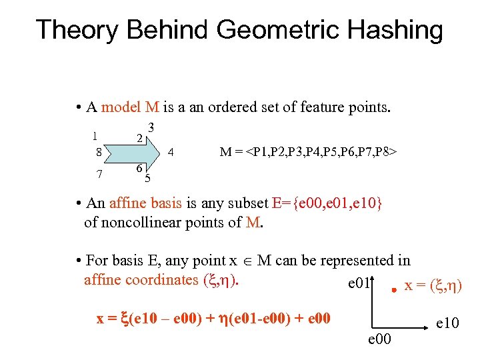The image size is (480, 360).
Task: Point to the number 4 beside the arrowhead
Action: coord(171,152)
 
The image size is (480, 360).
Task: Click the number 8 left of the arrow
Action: coord(98,152)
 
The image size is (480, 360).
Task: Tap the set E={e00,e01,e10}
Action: coord(327,203)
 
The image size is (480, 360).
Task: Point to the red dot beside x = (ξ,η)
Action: coord(394,289)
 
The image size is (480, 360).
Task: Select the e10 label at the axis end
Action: coord(448,323)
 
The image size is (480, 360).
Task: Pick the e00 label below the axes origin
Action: coord(380,341)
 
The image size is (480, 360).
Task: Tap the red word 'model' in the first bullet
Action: coord(121,107)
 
